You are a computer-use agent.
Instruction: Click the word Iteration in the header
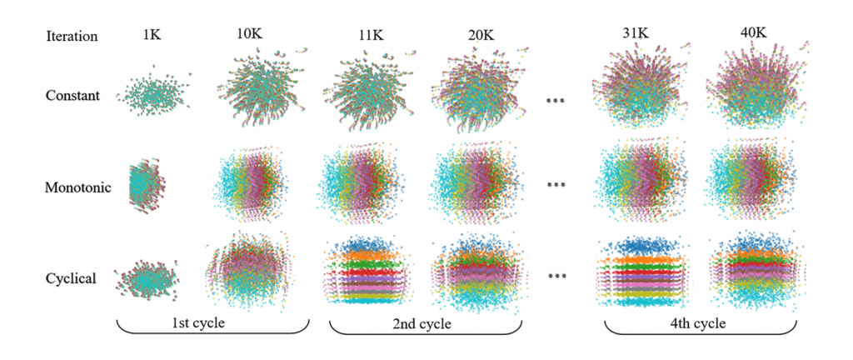click(72, 36)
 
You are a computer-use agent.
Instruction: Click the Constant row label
click(73, 95)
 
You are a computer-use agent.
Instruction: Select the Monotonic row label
click(78, 187)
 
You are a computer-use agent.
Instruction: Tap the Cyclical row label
click(72, 277)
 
